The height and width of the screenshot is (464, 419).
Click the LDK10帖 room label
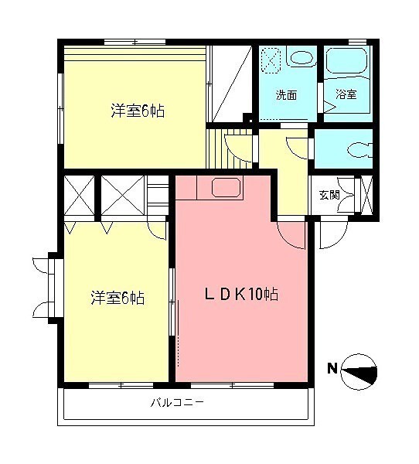coord(241,294)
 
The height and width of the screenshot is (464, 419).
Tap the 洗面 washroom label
coord(286,95)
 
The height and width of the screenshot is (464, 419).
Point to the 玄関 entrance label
coord(329,194)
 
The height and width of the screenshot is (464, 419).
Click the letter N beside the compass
coord(331,368)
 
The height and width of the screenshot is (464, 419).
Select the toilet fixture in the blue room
coord(356,148)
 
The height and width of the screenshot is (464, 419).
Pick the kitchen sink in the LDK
coord(225,188)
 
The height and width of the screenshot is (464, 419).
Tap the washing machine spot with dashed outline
coord(271,60)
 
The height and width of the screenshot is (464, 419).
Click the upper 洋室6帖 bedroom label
coord(137,111)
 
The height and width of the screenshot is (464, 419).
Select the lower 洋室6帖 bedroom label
coord(118,297)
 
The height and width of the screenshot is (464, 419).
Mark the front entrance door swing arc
coord(331,237)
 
